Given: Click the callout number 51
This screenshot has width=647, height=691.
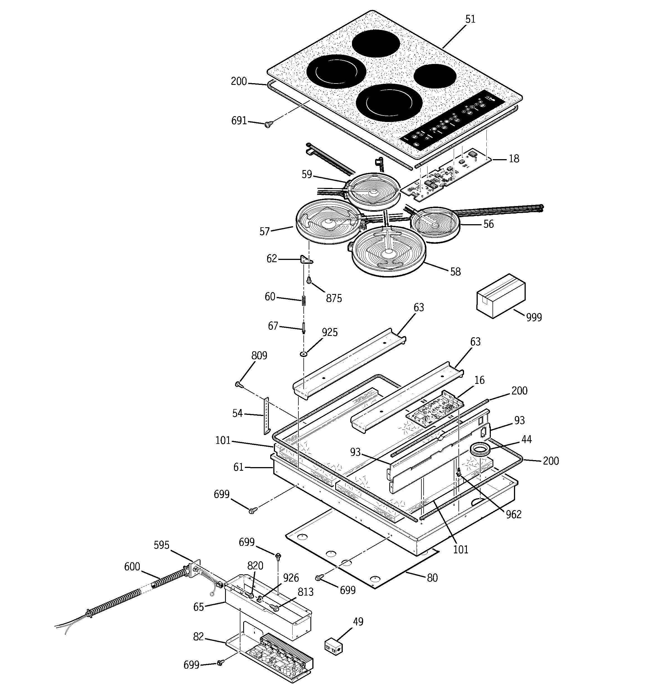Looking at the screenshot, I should coord(470,19).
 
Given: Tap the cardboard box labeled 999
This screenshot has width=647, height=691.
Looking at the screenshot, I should coord(500,296).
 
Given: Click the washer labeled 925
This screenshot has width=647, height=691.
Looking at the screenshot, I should coord(303,354).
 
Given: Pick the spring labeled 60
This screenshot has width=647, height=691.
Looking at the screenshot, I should coord(303,300).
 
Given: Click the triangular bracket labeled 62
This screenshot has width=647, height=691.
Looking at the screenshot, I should coord(306,260).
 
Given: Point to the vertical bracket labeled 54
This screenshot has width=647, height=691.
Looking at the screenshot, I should coord(266,416).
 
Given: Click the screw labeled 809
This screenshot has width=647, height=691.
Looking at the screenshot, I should coord(238,384).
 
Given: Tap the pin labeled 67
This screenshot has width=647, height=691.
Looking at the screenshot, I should coord(304,328).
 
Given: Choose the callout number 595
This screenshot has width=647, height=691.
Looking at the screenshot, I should coord(161,545).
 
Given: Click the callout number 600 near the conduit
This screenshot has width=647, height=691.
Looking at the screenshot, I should coord(132,566).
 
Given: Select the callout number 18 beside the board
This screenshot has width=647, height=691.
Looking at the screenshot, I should coord(514,159).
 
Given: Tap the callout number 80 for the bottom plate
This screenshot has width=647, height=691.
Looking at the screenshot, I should coord(432,578).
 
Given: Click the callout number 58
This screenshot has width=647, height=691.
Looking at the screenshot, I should coord(455,271).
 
